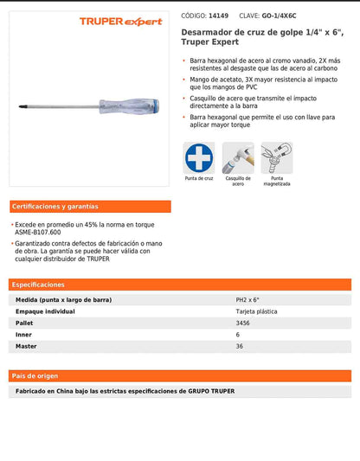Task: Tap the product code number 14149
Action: pyautogui.click(x=218, y=16)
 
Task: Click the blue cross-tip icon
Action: pyautogui.click(x=200, y=157)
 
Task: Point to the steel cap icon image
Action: pyautogui.click(x=238, y=157)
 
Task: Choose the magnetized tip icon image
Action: pyautogui.click(x=277, y=157)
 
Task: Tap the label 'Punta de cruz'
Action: pyautogui.click(x=200, y=178)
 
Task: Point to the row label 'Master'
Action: pyautogui.click(x=27, y=346)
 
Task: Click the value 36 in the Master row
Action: pyautogui.click(x=240, y=346)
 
